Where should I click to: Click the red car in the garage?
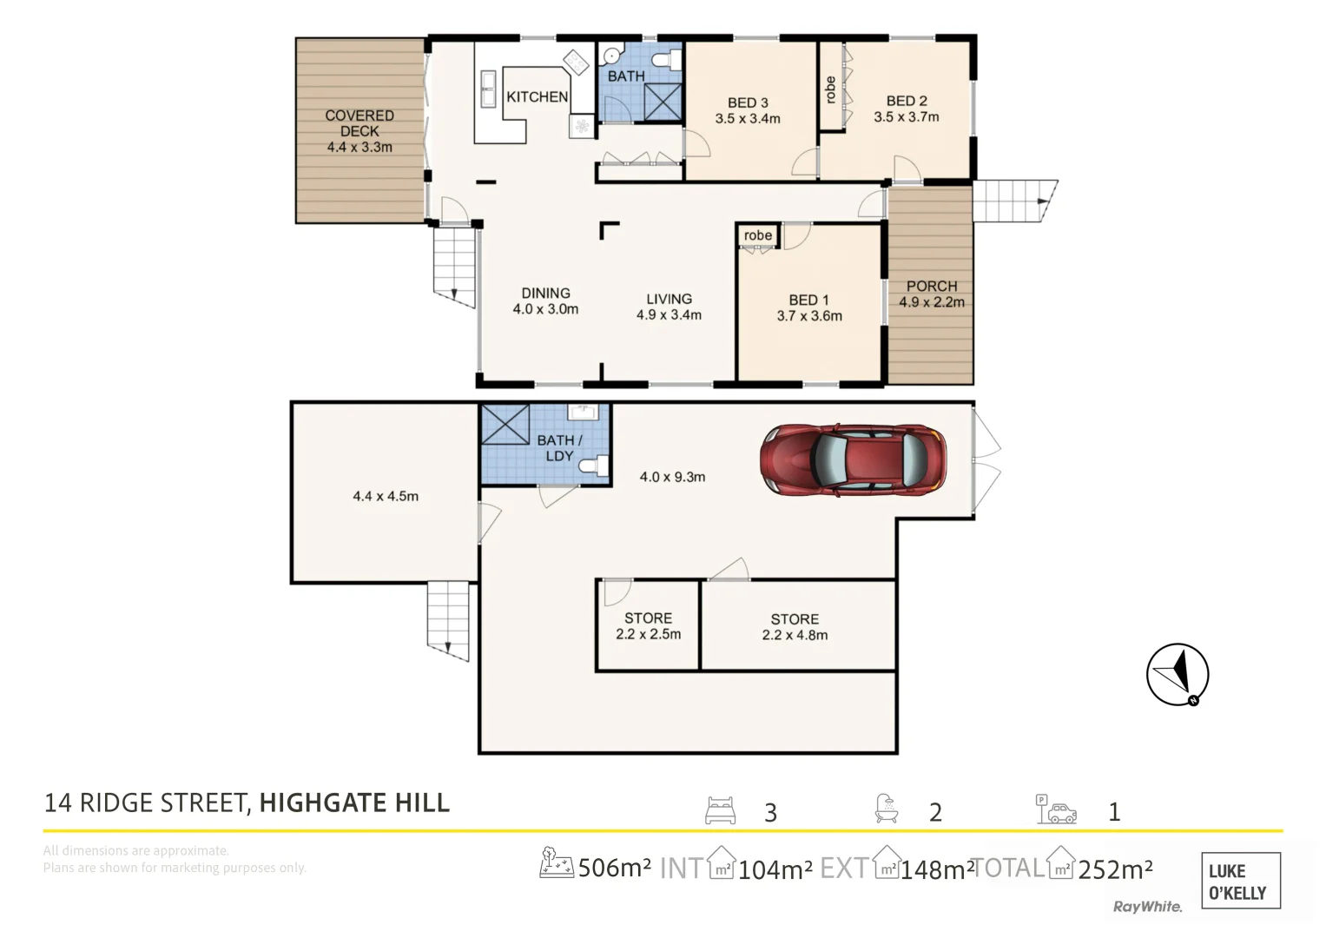click(x=854, y=459)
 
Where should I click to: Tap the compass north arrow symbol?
click(x=1178, y=675)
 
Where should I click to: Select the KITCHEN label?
click(x=537, y=96)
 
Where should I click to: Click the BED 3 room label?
click(x=748, y=102)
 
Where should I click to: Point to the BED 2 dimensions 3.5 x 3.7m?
click(x=907, y=116)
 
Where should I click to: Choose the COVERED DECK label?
click(x=360, y=123)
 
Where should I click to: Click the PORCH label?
click(x=932, y=286)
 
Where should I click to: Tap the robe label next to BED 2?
click(x=830, y=89)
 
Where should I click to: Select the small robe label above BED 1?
click(x=758, y=235)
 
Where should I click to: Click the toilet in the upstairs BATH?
click(x=667, y=60)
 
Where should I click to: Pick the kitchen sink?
click(x=488, y=89)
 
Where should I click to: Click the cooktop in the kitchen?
click(x=576, y=63)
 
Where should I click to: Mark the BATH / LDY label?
click(x=559, y=448)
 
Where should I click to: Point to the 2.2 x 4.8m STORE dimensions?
click(x=795, y=635)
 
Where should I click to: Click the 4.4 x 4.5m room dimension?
click(x=386, y=496)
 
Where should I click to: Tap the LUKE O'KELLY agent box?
click(x=1241, y=881)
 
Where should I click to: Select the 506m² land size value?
click(x=615, y=868)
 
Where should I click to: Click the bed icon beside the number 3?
click(x=721, y=810)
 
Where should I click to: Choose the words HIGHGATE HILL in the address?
click(x=354, y=803)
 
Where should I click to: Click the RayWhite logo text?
click(x=1148, y=907)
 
